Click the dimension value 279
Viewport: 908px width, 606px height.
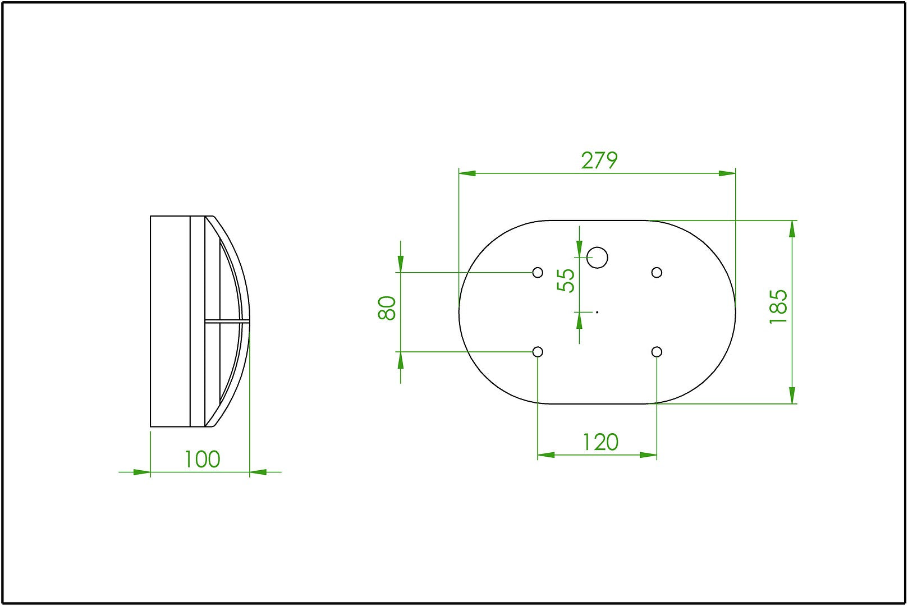tap(599, 161)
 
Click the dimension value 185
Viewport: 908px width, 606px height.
tap(778, 306)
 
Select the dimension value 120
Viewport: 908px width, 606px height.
tap(600, 442)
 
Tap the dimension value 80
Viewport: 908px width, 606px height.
tap(388, 308)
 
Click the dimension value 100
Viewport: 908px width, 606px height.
tap(202, 460)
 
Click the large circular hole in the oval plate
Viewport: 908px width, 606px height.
tap(597, 258)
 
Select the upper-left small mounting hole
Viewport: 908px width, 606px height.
tap(538, 273)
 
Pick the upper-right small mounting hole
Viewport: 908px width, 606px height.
tap(657, 273)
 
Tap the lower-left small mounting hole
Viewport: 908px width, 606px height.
tap(538, 352)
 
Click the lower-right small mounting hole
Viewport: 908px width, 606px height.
tap(657, 352)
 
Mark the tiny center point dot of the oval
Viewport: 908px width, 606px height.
tap(597, 312)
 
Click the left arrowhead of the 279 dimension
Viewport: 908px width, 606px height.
tap(467, 173)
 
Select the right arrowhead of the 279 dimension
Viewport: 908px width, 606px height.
tap(727, 173)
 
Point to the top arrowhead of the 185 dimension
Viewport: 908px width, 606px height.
tap(792, 228)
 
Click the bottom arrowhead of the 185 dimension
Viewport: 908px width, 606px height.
tap(792, 396)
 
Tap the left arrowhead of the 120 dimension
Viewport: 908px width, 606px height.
tap(545, 455)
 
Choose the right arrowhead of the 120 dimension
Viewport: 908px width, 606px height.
tap(649, 455)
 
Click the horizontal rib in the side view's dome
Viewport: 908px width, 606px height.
tap(227, 322)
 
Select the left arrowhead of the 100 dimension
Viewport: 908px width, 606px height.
tap(143, 472)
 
